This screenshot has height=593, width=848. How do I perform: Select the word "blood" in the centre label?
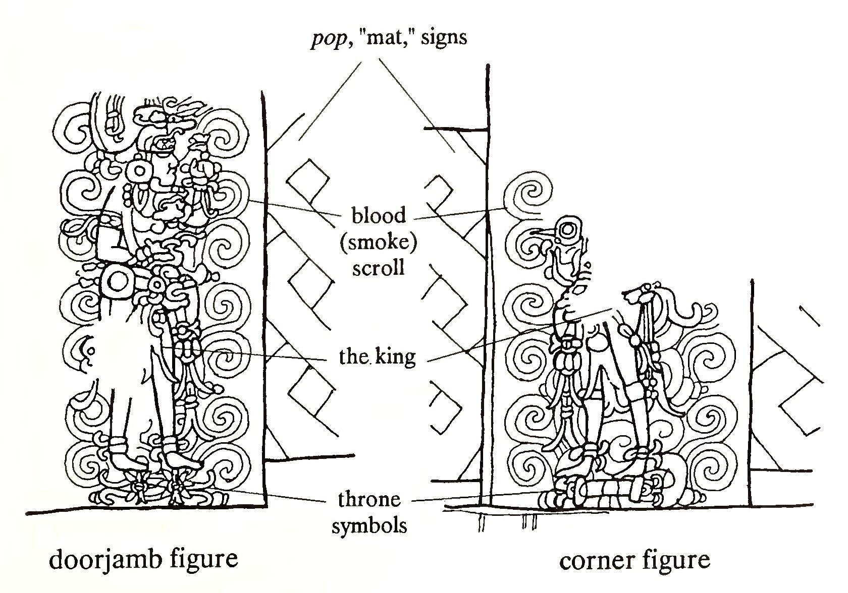(379, 216)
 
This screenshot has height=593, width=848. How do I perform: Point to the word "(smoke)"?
(379, 242)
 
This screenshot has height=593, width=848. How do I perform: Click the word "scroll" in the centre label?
(379, 267)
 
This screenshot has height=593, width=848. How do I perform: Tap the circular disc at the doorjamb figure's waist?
(117, 282)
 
